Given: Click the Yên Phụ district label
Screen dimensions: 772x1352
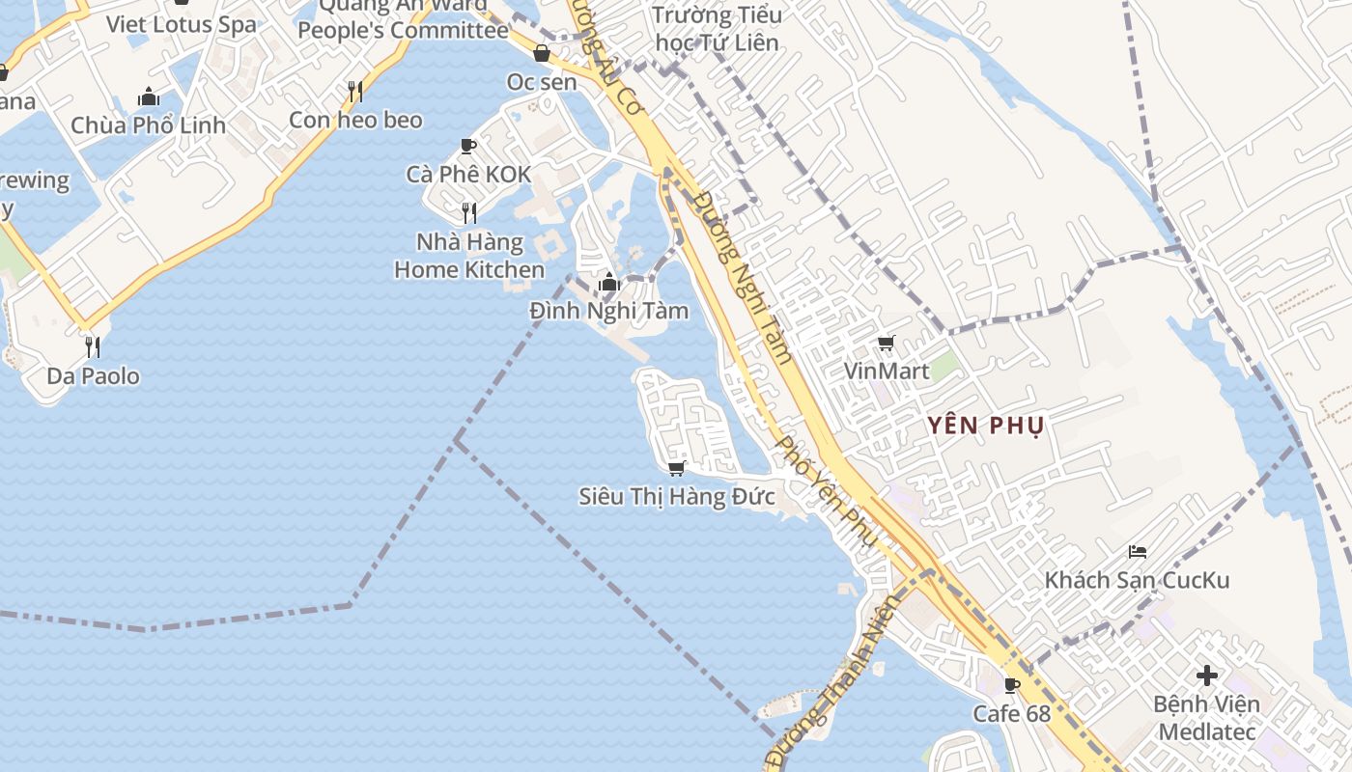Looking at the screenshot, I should pyautogui.click(x=986, y=426).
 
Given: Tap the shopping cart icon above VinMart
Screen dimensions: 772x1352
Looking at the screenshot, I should pyautogui.click(x=886, y=343).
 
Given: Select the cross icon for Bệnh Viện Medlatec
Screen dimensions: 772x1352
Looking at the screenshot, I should pyautogui.click(x=1206, y=675).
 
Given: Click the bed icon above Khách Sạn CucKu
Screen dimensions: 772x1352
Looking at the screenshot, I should pyautogui.click(x=1138, y=552).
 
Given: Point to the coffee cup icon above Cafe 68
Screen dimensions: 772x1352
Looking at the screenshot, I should pyautogui.click(x=1011, y=685).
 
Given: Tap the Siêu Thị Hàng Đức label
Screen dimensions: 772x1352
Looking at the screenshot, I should pyautogui.click(x=677, y=497).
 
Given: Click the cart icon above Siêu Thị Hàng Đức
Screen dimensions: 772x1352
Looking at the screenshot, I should pyautogui.click(x=676, y=468).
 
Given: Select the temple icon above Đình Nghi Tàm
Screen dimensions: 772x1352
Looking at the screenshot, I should pyautogui.click(x=608, y=282).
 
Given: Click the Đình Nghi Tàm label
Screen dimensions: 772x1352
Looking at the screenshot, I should pyautogui.click(x=609, y=311).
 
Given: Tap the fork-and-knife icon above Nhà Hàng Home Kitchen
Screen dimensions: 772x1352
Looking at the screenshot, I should pyautogui.click(x=468, y=212).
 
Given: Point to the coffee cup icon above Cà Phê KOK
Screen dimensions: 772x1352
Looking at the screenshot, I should pyautogui.click(x=468, y=146).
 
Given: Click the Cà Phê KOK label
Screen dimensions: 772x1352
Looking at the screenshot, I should pyautogui.click(x=468, y=175).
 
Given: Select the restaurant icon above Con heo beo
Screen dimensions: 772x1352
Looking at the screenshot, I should pyautogui.click(x=355, y=92).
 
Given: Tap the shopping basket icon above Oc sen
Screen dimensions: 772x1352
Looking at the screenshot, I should pyautogui.click(x=542, y=53).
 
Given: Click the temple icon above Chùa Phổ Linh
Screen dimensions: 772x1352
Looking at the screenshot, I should pyautogui.click(x=149, y=96).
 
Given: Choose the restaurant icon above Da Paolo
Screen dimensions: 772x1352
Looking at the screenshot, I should pyautogui.click(x=93, y=346).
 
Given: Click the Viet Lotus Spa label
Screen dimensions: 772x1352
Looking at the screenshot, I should pyautogui.click(x=182, y=24).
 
